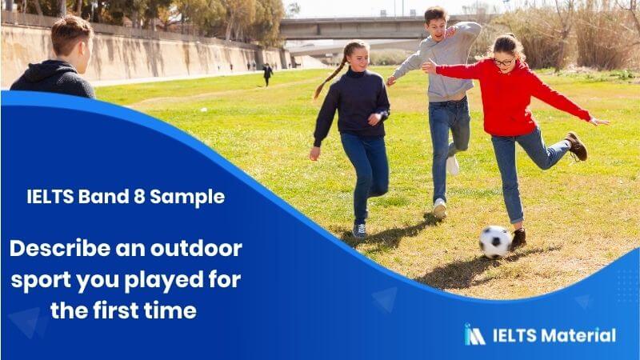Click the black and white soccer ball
click(495, 242)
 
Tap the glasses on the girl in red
click(503, 62)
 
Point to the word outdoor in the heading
click(196, 248)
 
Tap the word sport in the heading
click(42, 281)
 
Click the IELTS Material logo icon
click(474, 334)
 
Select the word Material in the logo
click(579, 335)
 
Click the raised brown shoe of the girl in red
click(577, 146)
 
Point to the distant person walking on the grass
click(267, 74)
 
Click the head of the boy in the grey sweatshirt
click(436, 24)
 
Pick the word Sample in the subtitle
click(187, 197)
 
